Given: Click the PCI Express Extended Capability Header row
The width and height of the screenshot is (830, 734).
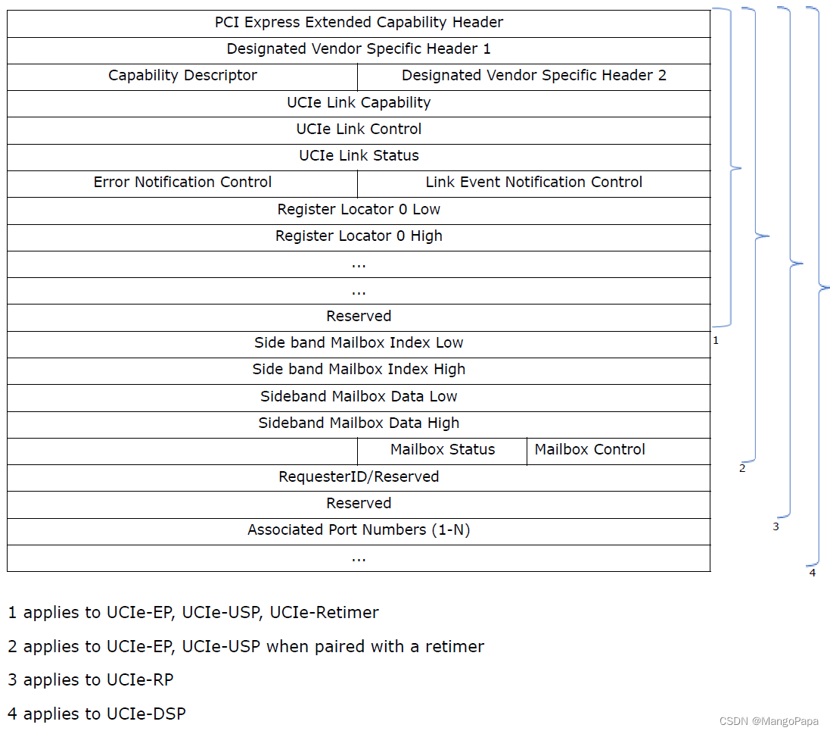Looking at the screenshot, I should (x=359, y=23).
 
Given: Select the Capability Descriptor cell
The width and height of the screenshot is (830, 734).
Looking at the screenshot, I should (x=182, y=76).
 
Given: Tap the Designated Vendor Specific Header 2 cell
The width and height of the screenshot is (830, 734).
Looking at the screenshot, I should (x=533, y=76).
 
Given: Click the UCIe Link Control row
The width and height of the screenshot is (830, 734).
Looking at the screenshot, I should (x=359, y=130).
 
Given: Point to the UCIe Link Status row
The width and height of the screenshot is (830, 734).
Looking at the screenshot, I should (x=359, y=156).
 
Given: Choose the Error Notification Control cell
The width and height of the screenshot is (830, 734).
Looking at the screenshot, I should (x=182, y=183).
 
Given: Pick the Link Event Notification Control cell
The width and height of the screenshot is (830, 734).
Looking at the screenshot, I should (x=533, y=183).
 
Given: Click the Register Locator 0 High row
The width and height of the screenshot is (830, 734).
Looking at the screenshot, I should (x=359, y=236).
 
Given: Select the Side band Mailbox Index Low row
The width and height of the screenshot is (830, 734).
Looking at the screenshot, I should (x=359, y=343).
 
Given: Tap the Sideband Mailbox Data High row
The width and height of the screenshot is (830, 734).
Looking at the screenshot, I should (x=359, y=423).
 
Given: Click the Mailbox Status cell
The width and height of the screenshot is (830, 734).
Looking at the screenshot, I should (x=443, y=450).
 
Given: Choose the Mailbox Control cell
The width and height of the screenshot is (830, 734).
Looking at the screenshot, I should (x=590, y=450).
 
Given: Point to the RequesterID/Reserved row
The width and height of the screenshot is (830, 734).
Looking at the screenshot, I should (x=359, y=477).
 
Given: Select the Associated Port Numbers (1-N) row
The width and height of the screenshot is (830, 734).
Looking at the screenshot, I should (x=359, y=530).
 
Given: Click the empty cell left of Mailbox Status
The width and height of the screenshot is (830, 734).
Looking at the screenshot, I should (x=182, y=451).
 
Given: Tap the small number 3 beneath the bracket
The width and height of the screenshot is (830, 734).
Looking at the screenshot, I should (x=776, y=526).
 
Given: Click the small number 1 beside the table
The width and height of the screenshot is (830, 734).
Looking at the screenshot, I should (x=716, y=341).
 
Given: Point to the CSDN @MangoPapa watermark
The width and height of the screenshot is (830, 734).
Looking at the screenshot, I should (x=769, y=721).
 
